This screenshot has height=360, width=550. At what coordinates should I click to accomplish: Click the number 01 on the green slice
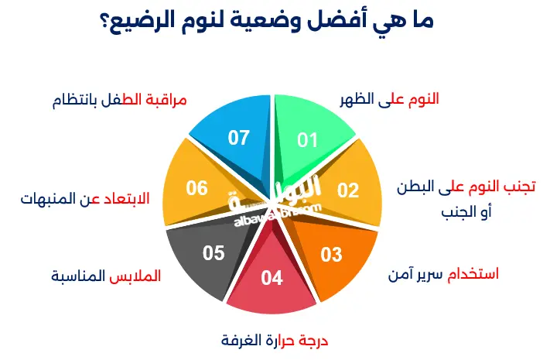tap(308, 139)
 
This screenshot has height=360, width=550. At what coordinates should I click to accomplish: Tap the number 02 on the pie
tap(349, 190)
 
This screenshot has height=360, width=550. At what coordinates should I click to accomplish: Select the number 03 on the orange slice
tap(331, 254)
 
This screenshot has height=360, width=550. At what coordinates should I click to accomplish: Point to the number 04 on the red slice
tap(272, 278)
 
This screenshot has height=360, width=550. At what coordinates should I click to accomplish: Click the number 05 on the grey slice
tap(214, 252)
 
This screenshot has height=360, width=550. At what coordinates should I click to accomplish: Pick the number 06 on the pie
tap(197, 188)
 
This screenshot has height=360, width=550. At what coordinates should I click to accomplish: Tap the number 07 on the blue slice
tap(239, 138)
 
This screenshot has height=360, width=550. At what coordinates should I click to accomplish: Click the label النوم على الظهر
tap(389, 99)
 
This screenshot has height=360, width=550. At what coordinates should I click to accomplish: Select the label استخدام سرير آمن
tap(442, 273)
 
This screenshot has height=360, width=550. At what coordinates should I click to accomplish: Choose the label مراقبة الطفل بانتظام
tap(120, 101)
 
